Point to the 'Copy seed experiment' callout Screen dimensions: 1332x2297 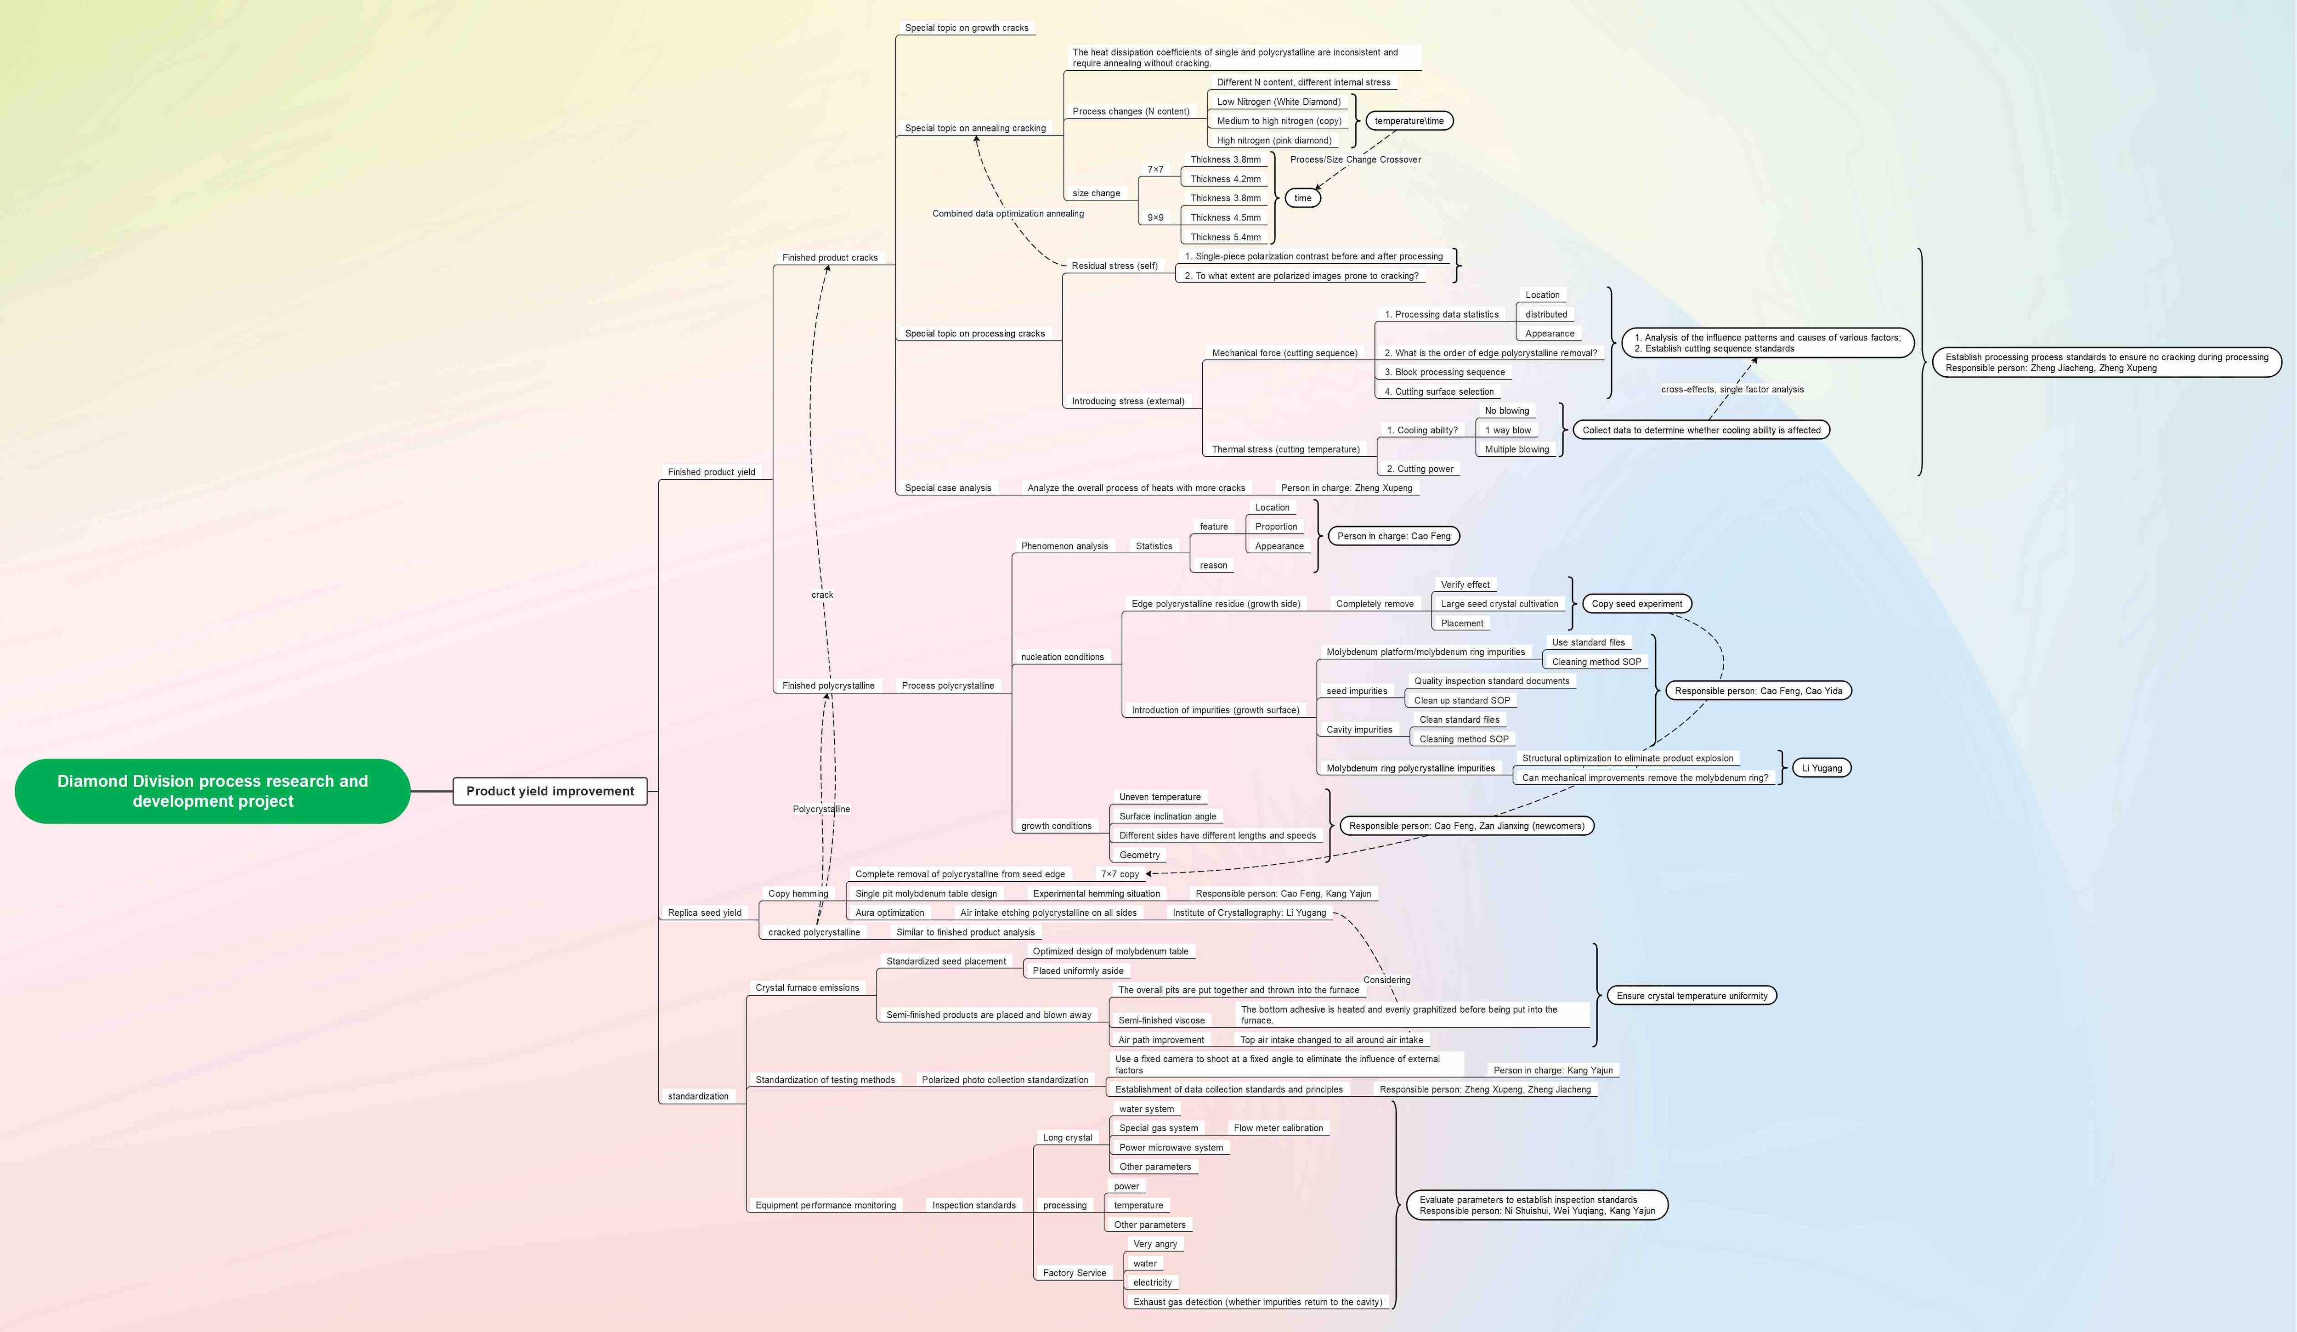click(x=1636, y=604)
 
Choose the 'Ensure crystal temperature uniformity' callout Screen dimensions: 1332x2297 click(x=1691, y=996)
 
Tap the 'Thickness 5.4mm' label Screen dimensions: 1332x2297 click(x=1225, y=237)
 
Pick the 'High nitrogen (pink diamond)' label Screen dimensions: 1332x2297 click(x=1273, y=141)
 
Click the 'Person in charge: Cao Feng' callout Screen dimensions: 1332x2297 click(x=1393, y=536)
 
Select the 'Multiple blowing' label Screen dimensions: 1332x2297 click(x=1516, y=449)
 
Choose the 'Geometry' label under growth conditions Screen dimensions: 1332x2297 click(x=1139, y=855)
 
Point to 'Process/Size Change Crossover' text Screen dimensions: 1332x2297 click(x=1354, y=159)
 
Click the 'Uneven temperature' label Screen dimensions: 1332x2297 click(x=1160, y=797)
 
